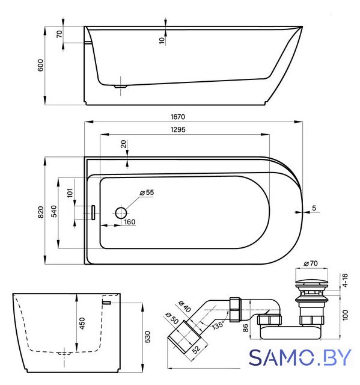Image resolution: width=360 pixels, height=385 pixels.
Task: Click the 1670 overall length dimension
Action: click(x=178, y=117)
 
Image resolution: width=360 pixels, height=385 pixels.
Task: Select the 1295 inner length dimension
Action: click(x=178, y=129)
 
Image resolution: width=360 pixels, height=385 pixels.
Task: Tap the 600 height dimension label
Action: click(x=40, y=66)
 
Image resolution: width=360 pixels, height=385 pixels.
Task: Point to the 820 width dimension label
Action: click(x=41, y=212)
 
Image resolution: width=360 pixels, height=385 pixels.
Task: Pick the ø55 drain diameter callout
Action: click(x=147, y=192)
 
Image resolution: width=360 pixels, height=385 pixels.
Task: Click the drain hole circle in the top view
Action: click(x=121, y=213)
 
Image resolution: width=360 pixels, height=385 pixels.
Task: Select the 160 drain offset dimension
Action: click(x=129, y=222)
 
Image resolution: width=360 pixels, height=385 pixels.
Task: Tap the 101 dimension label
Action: click(x=70, y=192)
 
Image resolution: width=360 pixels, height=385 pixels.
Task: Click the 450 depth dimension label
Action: click(x=82, y=324)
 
